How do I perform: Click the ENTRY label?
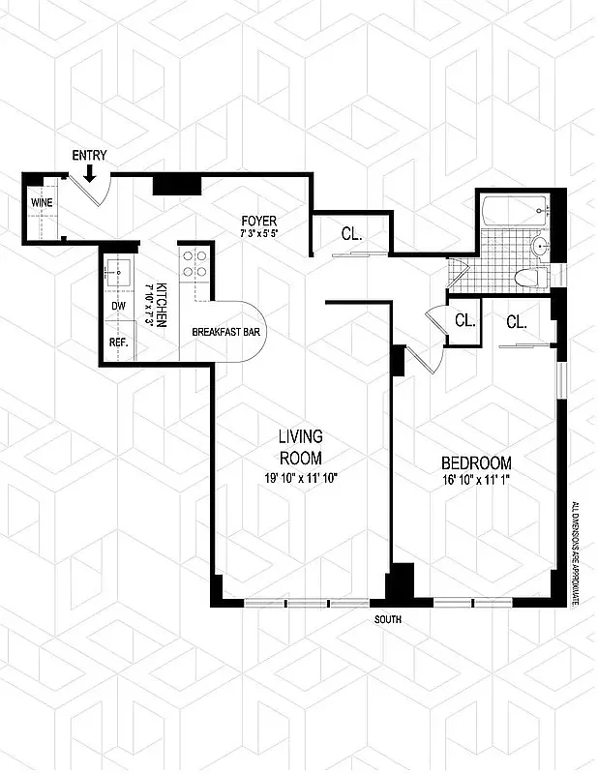pos(89,155)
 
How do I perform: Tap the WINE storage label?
pos(42,202)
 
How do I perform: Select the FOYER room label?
pos(258,221)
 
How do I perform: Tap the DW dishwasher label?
pos(118,306)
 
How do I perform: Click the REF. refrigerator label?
pos(118,342)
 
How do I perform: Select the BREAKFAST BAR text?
pos(230,331)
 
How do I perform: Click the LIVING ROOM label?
pos(301,447)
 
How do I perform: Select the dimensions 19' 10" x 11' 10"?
pos(302,477)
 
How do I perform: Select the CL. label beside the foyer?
pos(350,233)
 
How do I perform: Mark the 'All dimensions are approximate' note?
pos(575,552)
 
